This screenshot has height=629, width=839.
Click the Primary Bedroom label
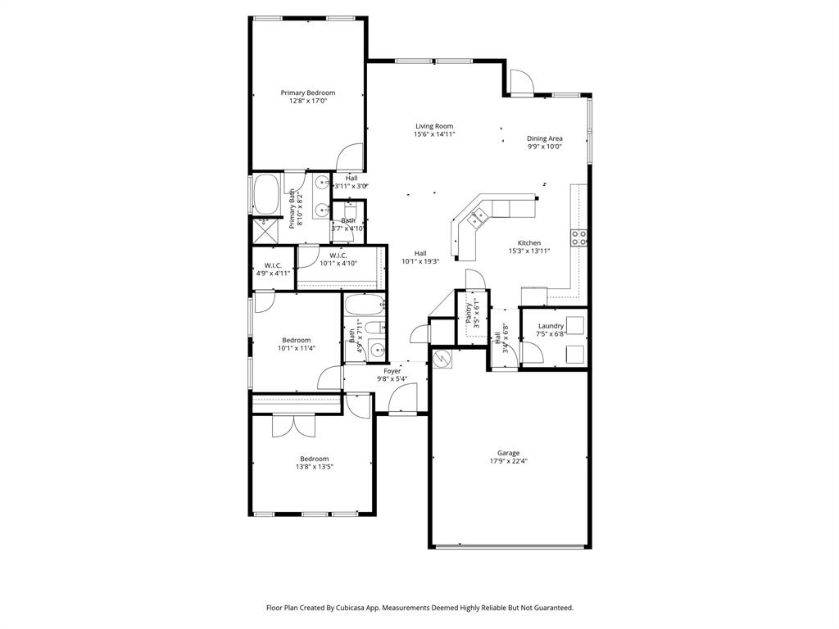click(308, 93)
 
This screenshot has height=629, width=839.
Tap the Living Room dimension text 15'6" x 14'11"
click(434, 134)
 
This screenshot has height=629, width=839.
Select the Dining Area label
click(544, 138)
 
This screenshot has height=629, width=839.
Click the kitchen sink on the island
click(477, 217)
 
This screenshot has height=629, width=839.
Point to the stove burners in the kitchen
click(579, 238)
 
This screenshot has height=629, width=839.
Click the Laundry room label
click(551, 326)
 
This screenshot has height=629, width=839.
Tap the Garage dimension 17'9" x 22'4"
click(508, 461)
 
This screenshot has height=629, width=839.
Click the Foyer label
click(392, 371)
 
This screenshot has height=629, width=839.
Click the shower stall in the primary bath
click(265, 229)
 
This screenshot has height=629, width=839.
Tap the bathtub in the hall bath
click(364, 306)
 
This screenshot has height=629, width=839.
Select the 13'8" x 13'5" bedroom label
click(314, 459)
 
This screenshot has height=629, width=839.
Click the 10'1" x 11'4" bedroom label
click(296, 340)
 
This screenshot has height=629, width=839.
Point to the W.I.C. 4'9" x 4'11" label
click(273, 265)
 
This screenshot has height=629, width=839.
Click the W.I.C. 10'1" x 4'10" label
click(338, 256)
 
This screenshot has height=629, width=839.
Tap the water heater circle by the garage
click(441, 358)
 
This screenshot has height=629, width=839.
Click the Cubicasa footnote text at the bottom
click(419, 608)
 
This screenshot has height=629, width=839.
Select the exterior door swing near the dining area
click(522, 82)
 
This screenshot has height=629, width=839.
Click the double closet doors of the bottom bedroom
click(293, 424)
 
